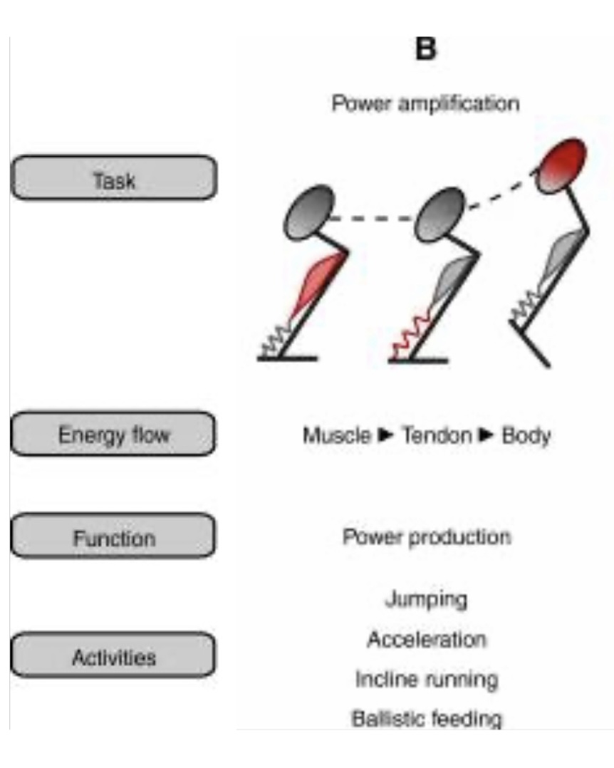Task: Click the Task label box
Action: coord(114,178)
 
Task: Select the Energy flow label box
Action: coord(114,433)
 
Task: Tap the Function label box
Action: coord(114,536)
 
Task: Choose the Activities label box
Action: coord(114,655)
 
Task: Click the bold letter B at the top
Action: coord(425,50)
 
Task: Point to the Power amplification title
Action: coord(425,104)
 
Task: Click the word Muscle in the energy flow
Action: coord(337,435)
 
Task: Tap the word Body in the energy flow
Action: coord(526,435)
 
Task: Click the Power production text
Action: coord(427,536)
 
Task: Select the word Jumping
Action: coord(426,599)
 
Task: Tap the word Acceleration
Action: coord(426,639)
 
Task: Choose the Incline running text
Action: coord(426,679)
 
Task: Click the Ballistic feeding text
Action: coord(426,718)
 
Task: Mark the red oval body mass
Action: coord(563,164)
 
